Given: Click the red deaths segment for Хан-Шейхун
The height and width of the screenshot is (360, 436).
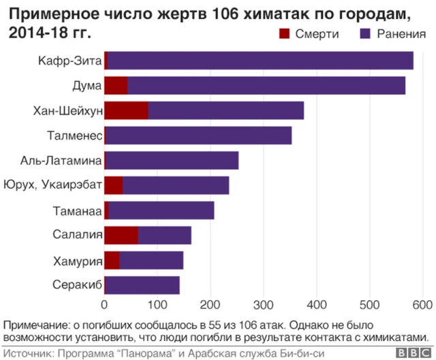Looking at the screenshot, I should click(x=126, y=110).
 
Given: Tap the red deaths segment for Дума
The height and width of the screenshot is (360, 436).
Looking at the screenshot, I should click(x=116, y=86).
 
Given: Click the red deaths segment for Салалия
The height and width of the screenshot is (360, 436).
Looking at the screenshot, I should click(x=121, y=235).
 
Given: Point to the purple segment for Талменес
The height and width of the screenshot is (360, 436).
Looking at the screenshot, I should click(x=198, y=135).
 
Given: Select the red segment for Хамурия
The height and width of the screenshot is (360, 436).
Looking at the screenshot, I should click(x=112, y=260).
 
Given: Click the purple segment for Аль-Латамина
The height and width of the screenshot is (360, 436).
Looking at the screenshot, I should click(x=172, y=160).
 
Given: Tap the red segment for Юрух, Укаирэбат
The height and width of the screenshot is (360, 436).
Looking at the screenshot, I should click(x=114, y=185).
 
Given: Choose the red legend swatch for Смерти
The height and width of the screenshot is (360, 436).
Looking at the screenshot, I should click(x=284, y=34).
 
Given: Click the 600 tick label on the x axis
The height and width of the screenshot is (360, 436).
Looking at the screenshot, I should click(x=422, y=304).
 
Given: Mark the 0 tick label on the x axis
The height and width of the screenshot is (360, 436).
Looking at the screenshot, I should click(x=104, y=304).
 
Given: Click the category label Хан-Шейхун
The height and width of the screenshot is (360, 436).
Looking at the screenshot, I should click(x=67, y=110).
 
